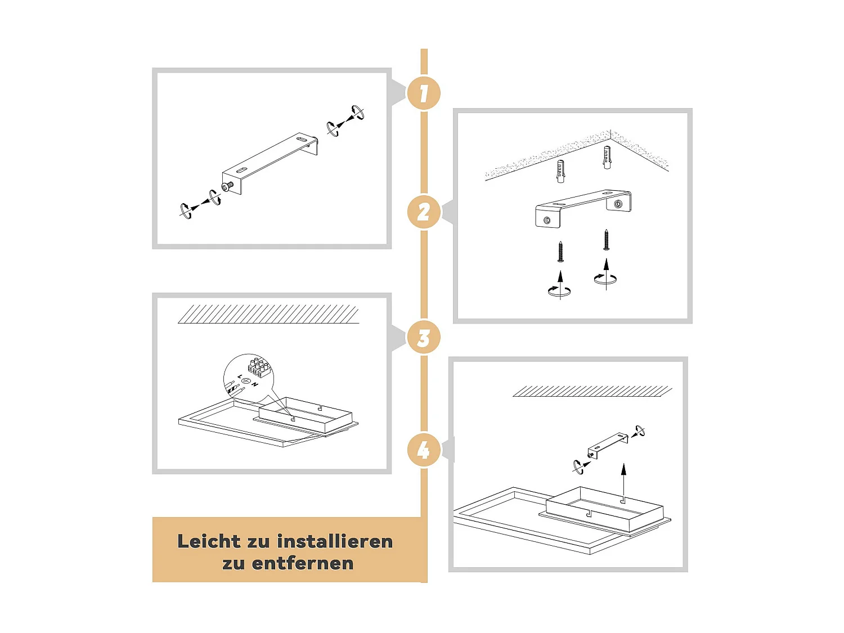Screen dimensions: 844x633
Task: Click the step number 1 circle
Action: coord(423,93)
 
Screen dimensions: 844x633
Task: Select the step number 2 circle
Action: coord(423,212)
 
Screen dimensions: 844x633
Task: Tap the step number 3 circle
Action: coord(423,338)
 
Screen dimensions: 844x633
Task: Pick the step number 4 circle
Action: coord(423,450)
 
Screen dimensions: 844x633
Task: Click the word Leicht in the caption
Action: coord(209,541)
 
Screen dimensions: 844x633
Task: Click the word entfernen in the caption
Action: coord(303,563)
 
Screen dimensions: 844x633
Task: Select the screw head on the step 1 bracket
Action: coord(227,186)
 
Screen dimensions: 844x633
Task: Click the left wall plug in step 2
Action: coord(560,172)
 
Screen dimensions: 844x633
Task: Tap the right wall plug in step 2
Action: coord(607,157)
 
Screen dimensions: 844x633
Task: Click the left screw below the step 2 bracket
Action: coord(560,252)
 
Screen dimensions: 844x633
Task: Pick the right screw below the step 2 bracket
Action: coord(607,240)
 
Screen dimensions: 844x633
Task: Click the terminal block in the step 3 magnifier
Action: coord(259,367)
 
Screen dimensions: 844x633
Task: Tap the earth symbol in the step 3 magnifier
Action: coord(246,381)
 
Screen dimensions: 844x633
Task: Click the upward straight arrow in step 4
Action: coord(623,482)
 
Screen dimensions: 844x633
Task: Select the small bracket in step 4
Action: coord(608,446)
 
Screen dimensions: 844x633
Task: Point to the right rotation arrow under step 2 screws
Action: coord(605,279)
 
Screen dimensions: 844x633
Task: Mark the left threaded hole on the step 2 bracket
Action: coord(547,220)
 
